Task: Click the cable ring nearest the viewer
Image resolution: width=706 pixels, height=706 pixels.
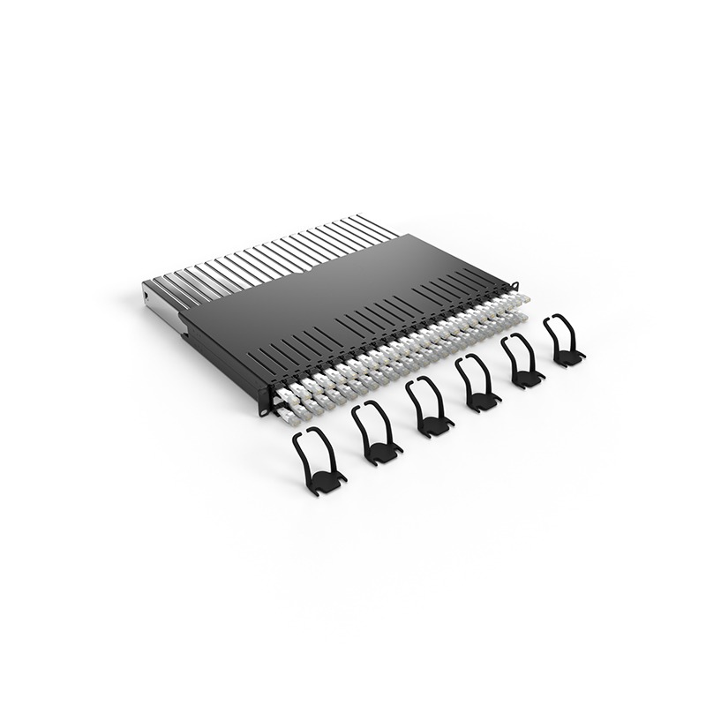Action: click(x=319, y=460)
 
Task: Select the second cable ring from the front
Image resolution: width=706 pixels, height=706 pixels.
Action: click(x=376, y=433)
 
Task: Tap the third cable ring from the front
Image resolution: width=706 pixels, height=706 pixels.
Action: click(x=429, y=407)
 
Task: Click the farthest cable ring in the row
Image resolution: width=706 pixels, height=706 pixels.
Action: click(x=563, y=341)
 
